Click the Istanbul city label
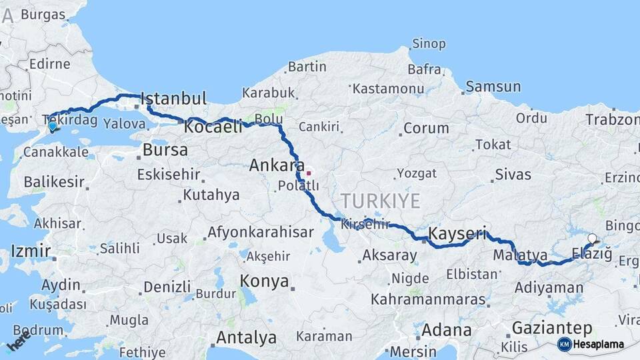point(173,99)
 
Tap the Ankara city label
point(277,165)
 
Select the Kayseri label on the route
point(457,234)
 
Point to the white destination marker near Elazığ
point(592,238)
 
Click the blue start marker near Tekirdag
point(52,125)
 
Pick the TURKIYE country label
point(381,201)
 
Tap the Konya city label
point(265,280)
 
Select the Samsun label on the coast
point(493,86)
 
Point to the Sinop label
point(429,44)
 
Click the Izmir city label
point(31,251)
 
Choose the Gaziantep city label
point(552,328)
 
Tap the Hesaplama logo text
point(598,345)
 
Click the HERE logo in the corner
point(19,342)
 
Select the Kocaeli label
point(213,127)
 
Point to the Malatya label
point(521,255)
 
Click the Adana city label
point(447,330)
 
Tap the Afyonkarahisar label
point(260,233)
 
